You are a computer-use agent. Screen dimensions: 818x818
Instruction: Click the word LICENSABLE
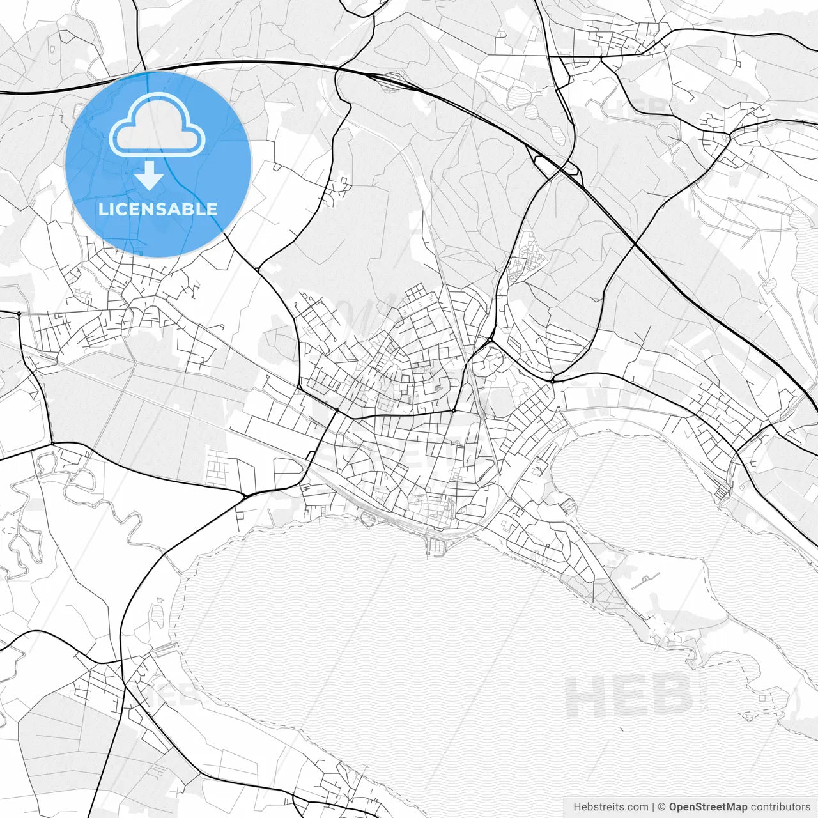click(x=157, y=209)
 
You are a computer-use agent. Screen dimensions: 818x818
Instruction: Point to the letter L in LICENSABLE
click(x=102, y=209)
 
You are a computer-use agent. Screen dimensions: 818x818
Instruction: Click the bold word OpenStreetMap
click(x=708, y=807)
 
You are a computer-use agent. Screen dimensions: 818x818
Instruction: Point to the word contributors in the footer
click(x=780, y=807)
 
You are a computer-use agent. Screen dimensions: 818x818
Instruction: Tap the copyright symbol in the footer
click(x=662, y=807)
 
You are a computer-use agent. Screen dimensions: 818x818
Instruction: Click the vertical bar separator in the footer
click(x=653, y=807)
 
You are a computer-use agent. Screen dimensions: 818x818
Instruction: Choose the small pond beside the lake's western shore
click(x=157, y=615)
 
